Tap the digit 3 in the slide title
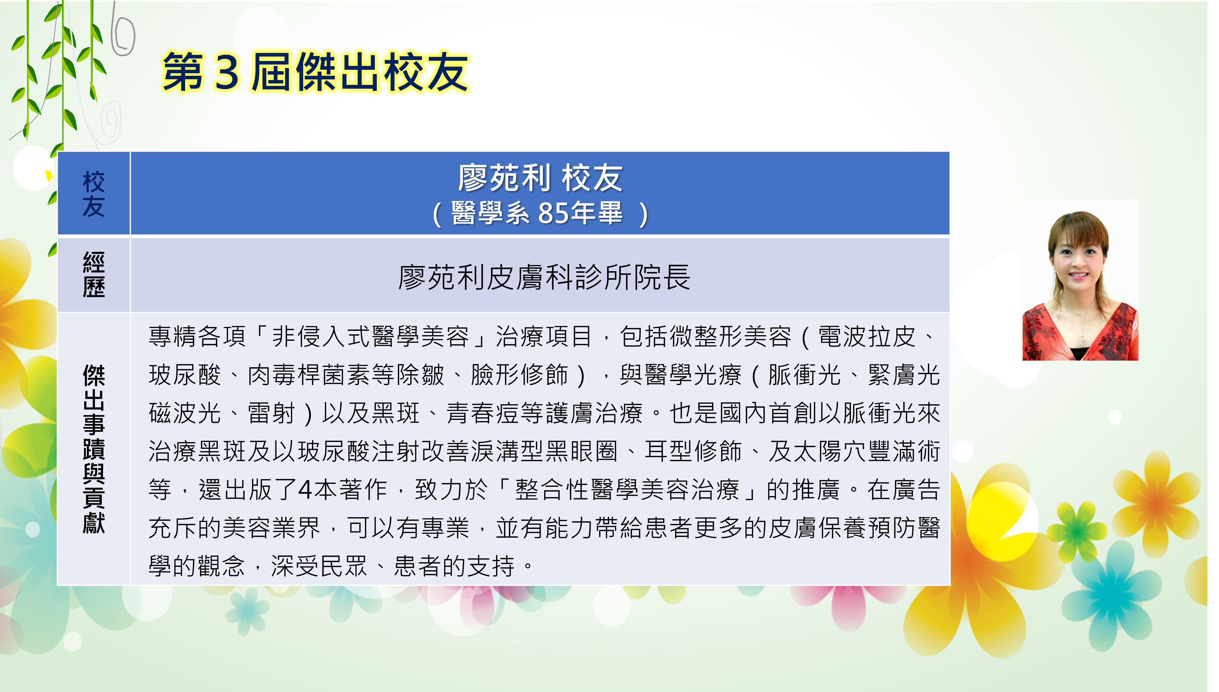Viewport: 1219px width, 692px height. click(227, 72)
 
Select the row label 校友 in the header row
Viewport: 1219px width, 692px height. click(94, 194)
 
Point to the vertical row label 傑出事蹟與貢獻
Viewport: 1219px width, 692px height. click(94, 449)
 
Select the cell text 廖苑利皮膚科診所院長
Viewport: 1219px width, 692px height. click(544, 277)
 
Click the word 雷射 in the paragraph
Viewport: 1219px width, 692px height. click(272, 413)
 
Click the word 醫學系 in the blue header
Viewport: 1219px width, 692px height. click(490, 213)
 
